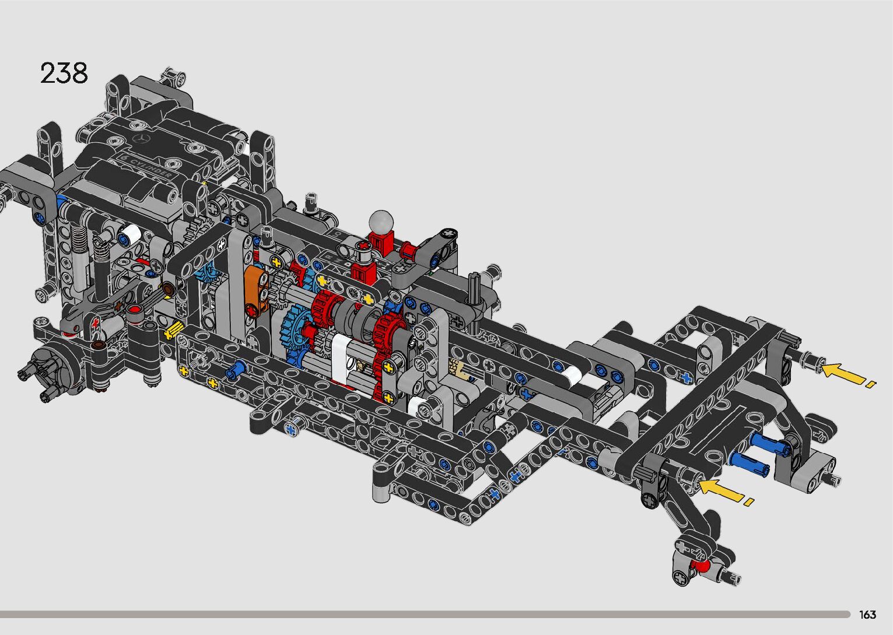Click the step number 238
click(x=64, y=73)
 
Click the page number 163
click(x=867, y=614)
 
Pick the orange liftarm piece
click(x=255, y=291)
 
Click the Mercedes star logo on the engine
click(x=141, y=139)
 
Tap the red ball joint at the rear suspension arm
click(x=698, y=566)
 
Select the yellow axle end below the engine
click(x=173, y=331)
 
